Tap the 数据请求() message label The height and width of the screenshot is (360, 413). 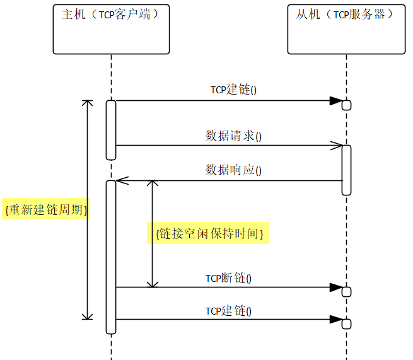pos(233,135)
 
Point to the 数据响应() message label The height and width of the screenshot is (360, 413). pos(233,170)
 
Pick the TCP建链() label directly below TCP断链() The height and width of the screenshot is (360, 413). pos(228,310)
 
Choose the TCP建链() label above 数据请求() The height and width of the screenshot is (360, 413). pos(233,89)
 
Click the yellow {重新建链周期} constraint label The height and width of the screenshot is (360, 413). pos(47,209)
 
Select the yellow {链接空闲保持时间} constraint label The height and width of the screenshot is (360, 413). pos(209,234)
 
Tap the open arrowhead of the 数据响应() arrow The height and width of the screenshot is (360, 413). pos(121,181)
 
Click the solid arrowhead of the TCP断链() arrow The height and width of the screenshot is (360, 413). pos(336,287)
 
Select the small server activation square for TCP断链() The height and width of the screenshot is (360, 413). pos(346,291)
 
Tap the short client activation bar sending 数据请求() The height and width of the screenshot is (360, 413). pos(111,129)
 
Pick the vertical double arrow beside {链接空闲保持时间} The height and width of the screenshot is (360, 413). pos(152,234)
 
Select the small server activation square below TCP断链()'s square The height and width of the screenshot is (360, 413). pos(346,323)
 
